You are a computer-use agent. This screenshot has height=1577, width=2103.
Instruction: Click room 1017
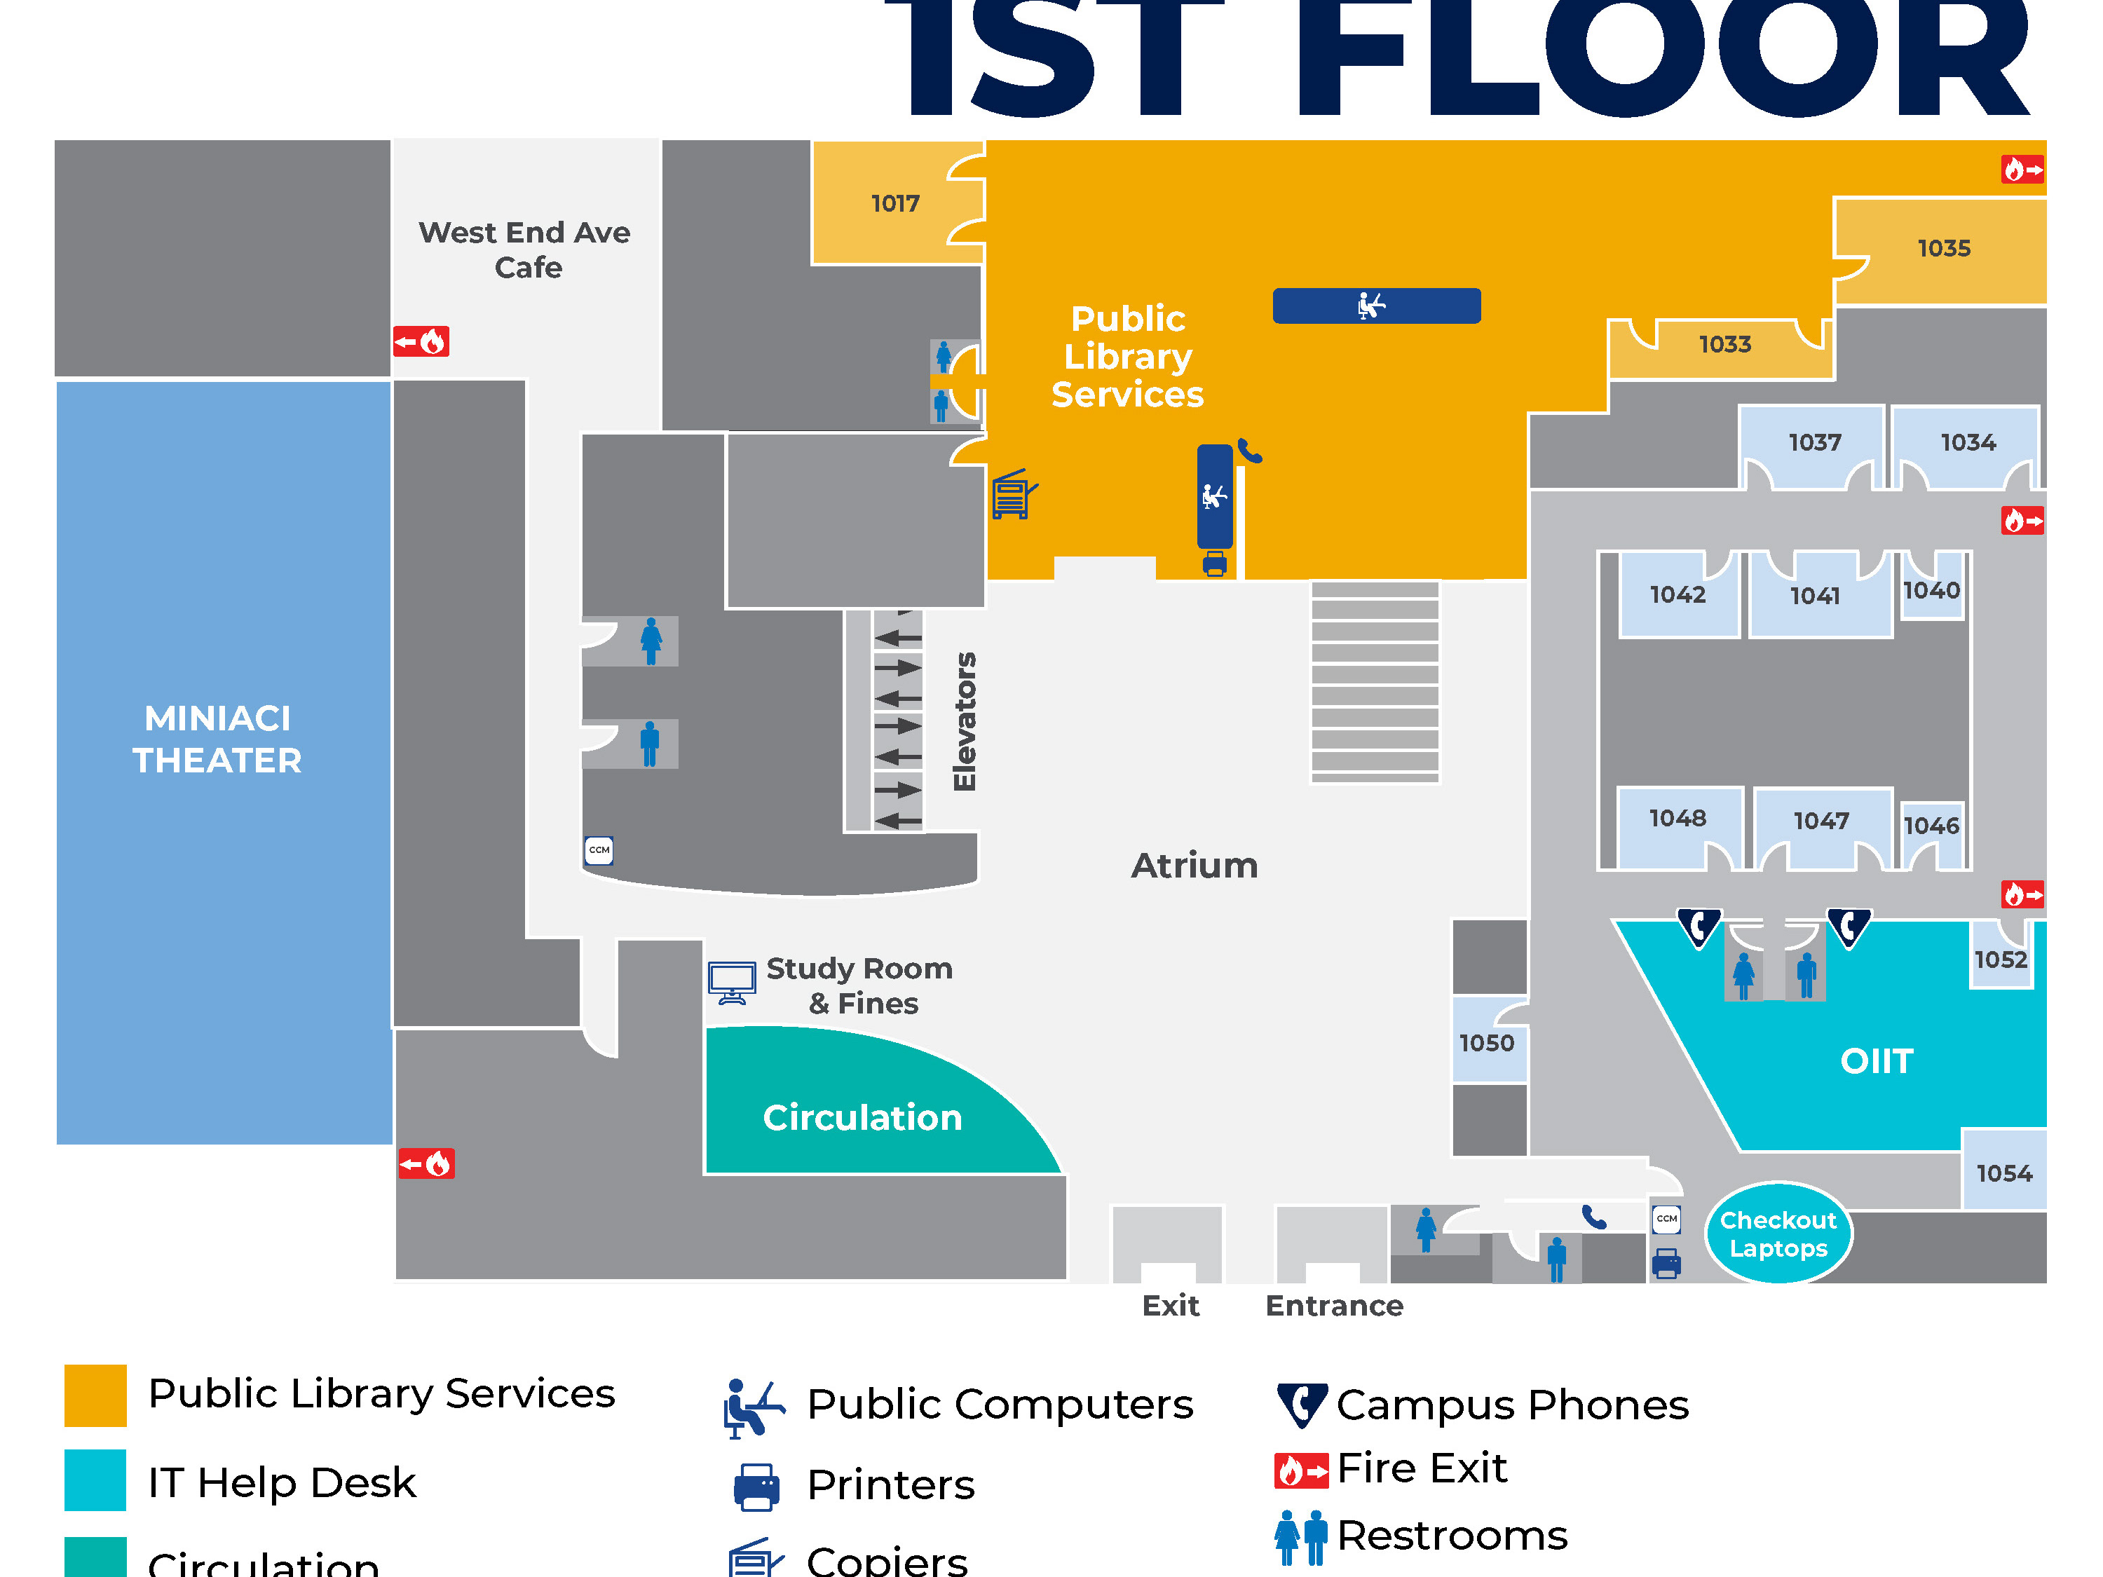click(894, 203)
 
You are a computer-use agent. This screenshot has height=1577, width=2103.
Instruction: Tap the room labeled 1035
click(1943, 248)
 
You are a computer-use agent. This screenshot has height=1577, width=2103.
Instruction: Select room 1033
click(1724, 344)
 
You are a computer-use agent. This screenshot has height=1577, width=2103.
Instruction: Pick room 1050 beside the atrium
click(1487, 1043)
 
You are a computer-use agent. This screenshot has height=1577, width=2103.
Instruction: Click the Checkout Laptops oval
click(1778, 1234)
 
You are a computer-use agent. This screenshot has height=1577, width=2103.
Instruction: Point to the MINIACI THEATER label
click(218, 739)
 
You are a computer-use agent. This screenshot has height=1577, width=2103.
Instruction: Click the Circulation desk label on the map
click(862, 1118)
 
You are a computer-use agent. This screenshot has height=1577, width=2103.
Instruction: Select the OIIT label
click(1877, 1061)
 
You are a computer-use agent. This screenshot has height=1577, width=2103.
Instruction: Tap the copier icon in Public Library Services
click(1014, 494)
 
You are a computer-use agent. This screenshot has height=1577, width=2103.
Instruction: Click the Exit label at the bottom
click(1171, 1306)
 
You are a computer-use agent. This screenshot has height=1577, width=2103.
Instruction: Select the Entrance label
click(1334, 1306)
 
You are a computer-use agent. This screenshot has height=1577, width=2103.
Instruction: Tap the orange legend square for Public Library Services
click(95, 1395)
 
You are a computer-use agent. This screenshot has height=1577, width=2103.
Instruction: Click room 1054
click(2004, 1173)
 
